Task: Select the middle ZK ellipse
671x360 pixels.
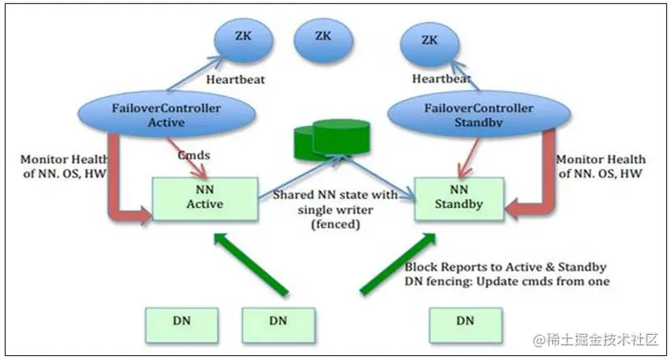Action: (323, 36)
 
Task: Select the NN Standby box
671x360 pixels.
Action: (459, 197)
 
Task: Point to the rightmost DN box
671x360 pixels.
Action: (464, 321)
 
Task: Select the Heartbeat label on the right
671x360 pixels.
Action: (440, 78)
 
